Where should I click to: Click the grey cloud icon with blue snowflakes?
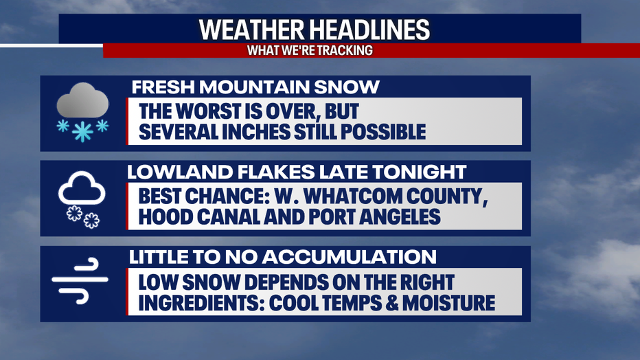[x=82, y=112]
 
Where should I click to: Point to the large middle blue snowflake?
[x=82, y=131]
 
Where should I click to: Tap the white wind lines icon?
[x=80, y=280]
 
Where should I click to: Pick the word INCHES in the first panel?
[x=256, y=132]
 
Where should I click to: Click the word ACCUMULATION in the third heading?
[x=350, y=257]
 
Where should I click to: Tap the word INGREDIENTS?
[x=202, y=303]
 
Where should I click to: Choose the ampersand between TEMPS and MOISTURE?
[x=392, y=303]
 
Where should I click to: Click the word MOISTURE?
[x=448, y=303]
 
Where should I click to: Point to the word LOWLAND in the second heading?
[x=180, y=172]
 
